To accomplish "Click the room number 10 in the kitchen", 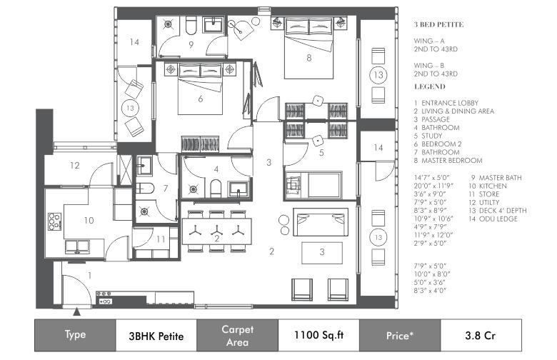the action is (89, 220).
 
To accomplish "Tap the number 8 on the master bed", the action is (309, 58).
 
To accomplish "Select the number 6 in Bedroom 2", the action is (201, 99).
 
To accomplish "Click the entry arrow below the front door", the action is (76, 312).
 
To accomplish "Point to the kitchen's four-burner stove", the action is (55, 221).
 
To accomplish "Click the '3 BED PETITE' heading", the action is (438, 24).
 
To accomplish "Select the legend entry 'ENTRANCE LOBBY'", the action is (450, 103).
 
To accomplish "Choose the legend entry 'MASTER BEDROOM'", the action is (452, 161).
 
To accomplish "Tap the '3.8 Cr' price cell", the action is (481, 336).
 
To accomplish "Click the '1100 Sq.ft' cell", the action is (318, 336).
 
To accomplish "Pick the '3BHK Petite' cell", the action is (156, 336).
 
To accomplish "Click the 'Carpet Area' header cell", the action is (237, 336).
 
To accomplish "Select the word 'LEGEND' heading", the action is (429, 86).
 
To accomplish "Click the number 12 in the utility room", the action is (74, 165).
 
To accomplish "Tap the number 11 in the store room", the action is (161, 239).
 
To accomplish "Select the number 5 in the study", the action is (321, 153).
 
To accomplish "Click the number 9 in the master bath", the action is (191, 45).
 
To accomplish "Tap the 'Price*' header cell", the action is (400, 336).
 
